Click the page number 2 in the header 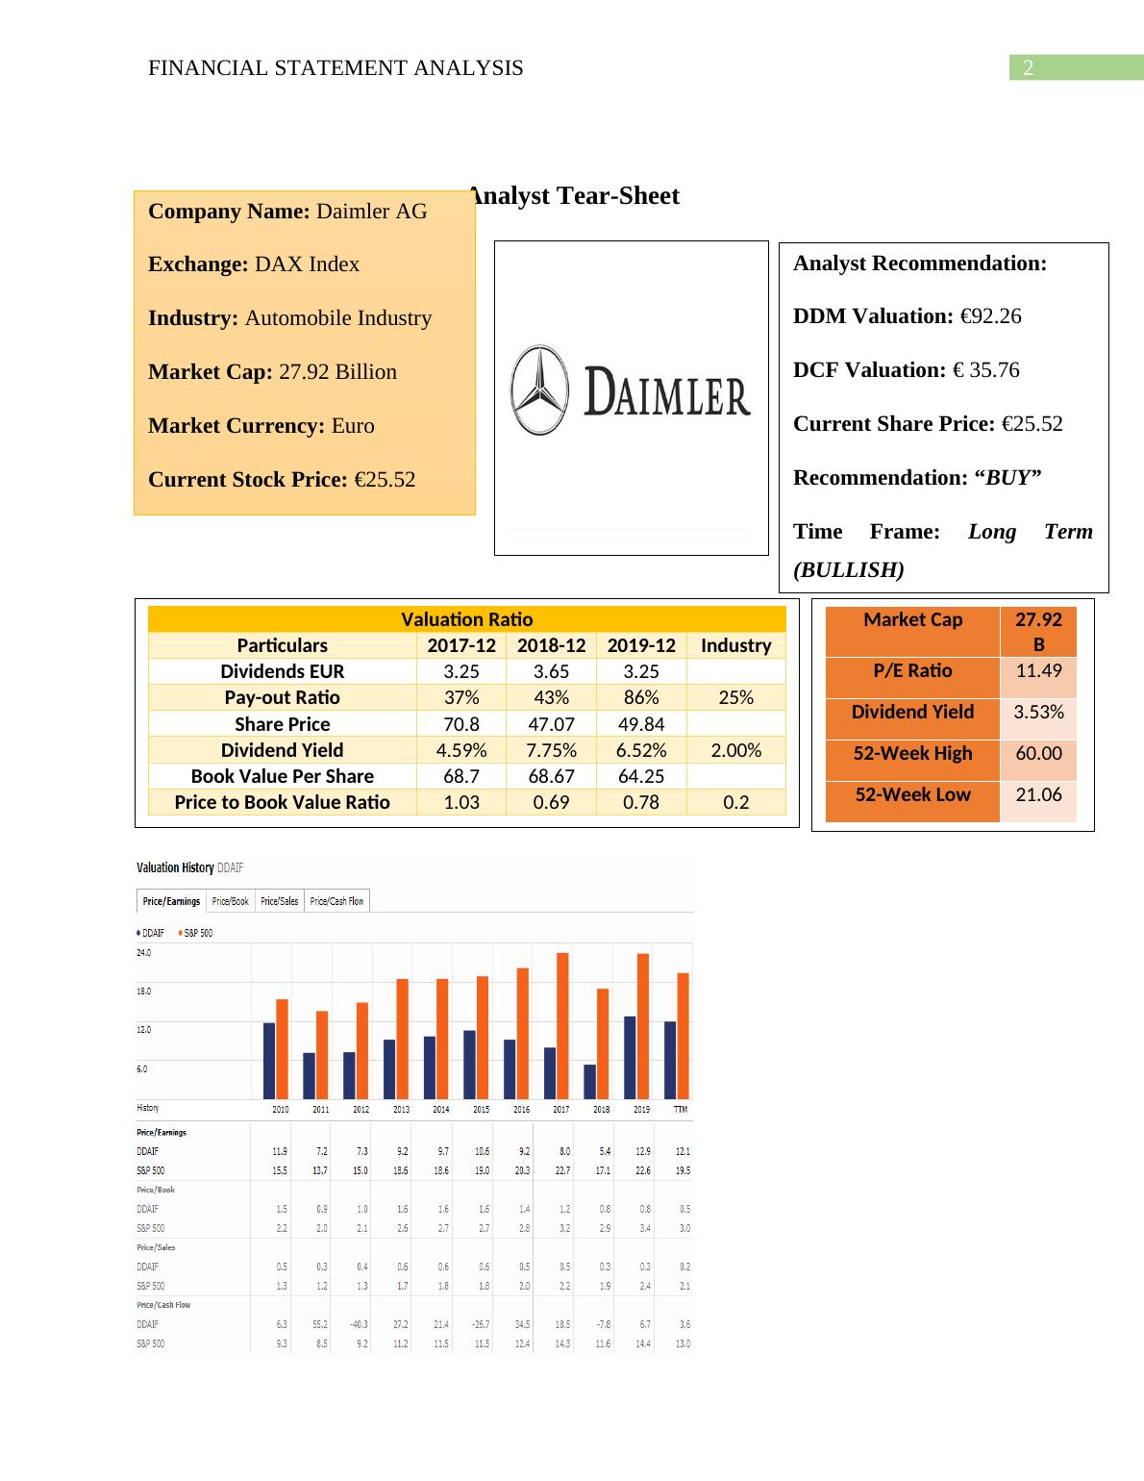pos(1028,68)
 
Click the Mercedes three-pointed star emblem pos(539,390)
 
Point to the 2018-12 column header pos(551,645)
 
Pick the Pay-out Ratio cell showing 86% pos(641,697)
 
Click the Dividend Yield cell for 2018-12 pos(551,750)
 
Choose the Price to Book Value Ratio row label pos(282,802)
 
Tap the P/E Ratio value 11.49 pos(1038,671)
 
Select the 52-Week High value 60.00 pos(1038,754)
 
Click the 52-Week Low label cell pos(912,795)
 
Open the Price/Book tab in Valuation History pos(230,901)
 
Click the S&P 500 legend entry pos(196,933)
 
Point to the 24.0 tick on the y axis pos(144,952)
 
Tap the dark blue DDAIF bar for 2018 pos(590,1081)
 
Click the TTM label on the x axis pos(681,1110)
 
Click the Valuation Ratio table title pos(466,619)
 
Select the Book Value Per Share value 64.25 pos(641,776)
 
